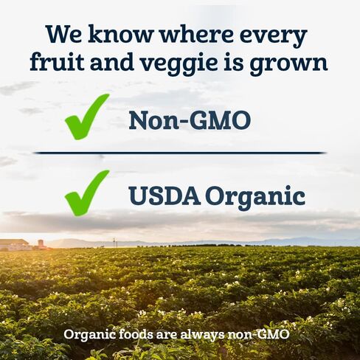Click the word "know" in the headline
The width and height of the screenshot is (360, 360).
[x=120, y=34]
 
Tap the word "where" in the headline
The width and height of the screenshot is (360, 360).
[x=196, y=34]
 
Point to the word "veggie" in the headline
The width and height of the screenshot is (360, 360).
[x=179, y=63]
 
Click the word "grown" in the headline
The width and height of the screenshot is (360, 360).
[x=288, y=64]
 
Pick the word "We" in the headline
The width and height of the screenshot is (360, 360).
[x=63, y=34]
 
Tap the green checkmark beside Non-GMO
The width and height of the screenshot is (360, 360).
[x=87, y=117]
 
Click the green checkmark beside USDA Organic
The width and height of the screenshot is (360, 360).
[x=87, y=193]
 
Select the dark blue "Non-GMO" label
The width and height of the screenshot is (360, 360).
[x=190, y=120]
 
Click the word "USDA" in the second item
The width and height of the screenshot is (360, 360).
[x=165, y=195]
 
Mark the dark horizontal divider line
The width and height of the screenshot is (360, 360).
[x=180, y=153]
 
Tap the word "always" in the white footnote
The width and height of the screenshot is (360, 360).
[x=203, y=335]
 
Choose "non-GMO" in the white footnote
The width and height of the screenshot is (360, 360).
[x=258, y=334]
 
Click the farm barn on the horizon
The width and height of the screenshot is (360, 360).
[x=14, y=244]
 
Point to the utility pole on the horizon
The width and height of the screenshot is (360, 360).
[x=114, y=242]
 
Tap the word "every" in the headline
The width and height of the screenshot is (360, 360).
[x=274, y=36]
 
